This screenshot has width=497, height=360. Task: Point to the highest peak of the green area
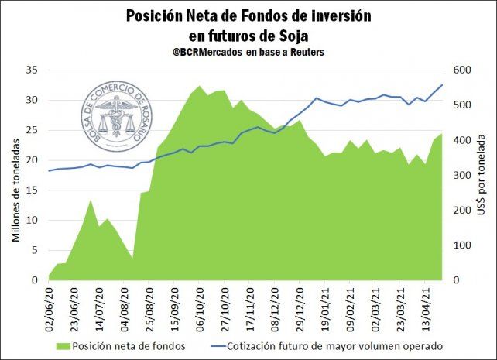pos(199,86)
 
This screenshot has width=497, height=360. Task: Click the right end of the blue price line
pos(442,84)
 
